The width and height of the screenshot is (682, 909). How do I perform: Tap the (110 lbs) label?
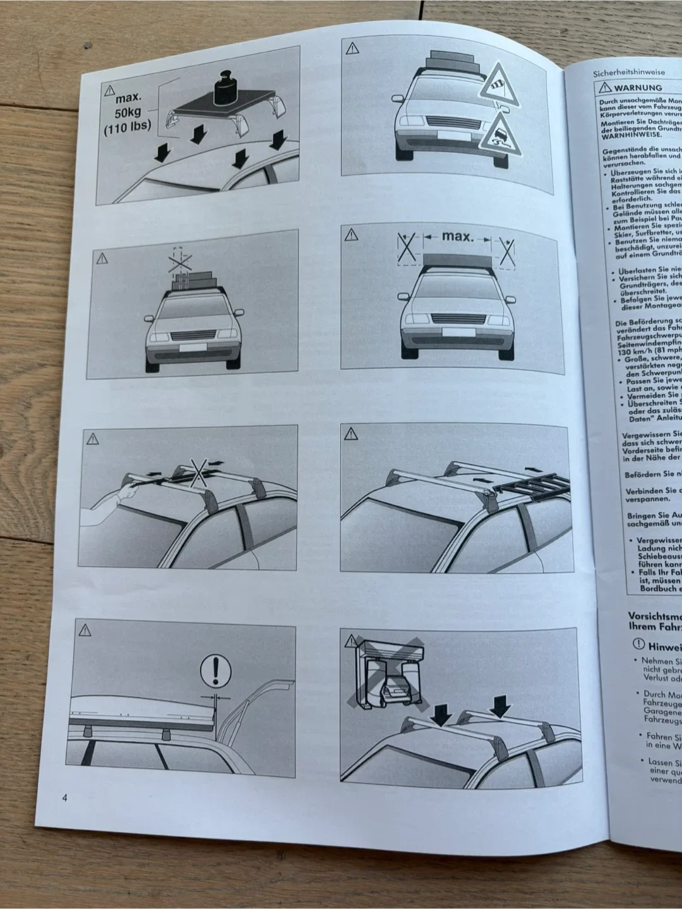coord(128,126)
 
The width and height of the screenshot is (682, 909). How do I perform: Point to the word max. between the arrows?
coord(457,237)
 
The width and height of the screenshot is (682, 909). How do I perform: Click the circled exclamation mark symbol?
coord(215,669)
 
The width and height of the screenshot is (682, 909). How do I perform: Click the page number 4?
coord(64,797)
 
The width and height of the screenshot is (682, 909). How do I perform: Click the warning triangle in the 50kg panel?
coord(111,90)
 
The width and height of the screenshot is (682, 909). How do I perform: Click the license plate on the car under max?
coord(453,332)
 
